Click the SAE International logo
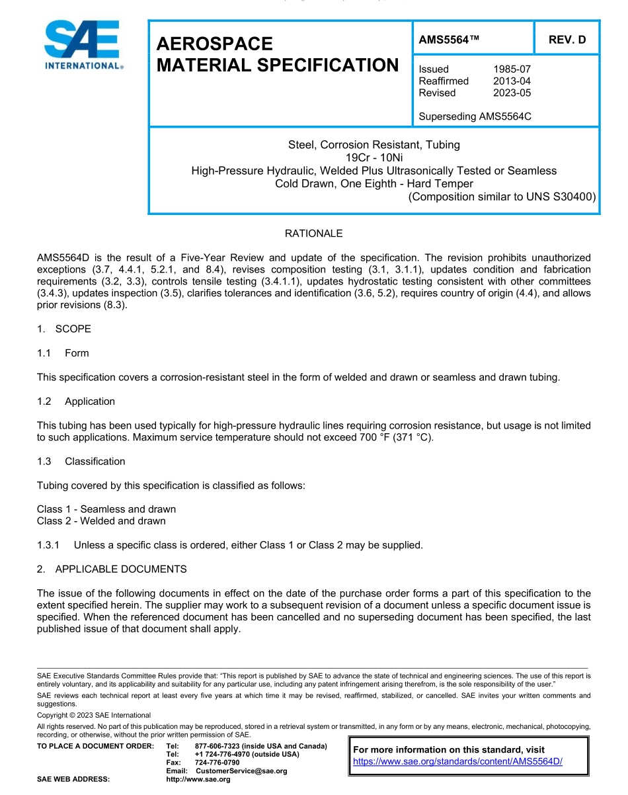tap(82, 44)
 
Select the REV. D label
tap(567, 40)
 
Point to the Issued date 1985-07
tap(512, 69)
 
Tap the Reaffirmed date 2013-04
tap(512, 81)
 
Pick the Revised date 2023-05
tap(512, 93)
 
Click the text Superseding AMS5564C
tap(475, 116)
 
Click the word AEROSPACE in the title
tap(214, 44)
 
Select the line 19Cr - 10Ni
tap(373, 157)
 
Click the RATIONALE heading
tap(313, 233)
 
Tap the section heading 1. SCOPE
tap(64, 329)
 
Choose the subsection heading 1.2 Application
tap(76, 401)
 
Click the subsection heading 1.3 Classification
tap(81, 461)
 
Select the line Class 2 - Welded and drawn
tap(101, 521)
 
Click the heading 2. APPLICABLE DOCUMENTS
tap(112, 569)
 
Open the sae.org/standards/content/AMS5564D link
tap(457, 761)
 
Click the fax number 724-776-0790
tap(217, 763)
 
